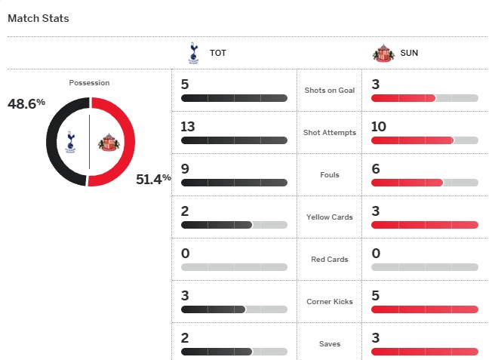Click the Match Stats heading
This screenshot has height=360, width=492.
[x=38, y=18]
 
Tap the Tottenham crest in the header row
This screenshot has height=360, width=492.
[x=192, y=53]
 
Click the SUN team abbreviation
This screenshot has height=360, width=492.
[x=409, y=54]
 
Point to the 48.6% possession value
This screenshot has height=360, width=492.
[x=26, y=103]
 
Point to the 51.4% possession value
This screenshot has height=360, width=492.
[x=153, y=179]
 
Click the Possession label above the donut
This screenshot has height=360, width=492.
[x=89, y=82]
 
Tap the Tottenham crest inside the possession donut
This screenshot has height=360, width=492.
[x=70, y=141]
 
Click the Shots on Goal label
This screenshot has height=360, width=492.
[x=329, y=91]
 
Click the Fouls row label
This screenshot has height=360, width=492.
[x=329, y=175]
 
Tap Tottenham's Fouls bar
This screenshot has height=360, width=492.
[x=234, y=183]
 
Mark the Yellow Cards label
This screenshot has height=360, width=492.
[x=329, y=217]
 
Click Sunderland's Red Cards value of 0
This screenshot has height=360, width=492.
[x=375, y=253]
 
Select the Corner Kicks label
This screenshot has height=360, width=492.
[x=329, y=302]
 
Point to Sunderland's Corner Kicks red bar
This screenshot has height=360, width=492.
[x=424, y=309]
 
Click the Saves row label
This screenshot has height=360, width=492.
[x=329, y=344]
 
